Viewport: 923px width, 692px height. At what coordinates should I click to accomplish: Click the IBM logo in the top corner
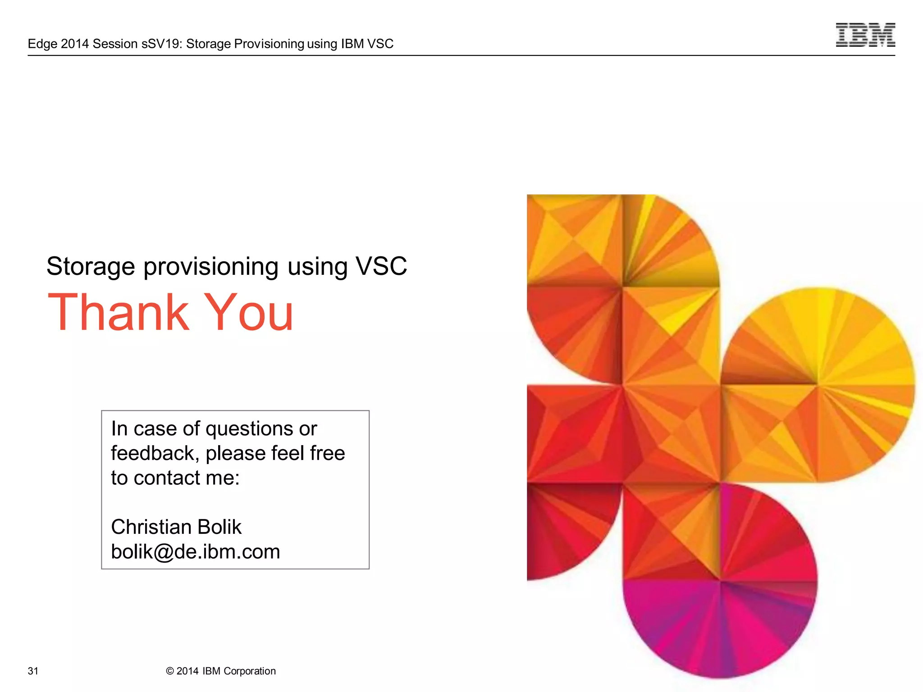click(x=865, y=35)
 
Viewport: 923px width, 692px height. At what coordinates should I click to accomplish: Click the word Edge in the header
click(x=42, y=44)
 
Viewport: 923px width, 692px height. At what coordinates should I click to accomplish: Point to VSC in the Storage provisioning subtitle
click(x=381, y=266)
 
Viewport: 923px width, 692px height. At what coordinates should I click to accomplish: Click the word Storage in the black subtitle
click(x=91, y=267)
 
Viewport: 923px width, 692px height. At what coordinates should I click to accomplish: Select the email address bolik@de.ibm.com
click(x=196, y=551)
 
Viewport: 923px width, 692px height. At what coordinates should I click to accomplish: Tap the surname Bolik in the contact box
click(x=219, y=527)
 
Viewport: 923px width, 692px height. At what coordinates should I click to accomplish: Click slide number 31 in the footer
click(x=33, y=671)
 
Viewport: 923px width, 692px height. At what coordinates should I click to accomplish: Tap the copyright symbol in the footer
click(x=170, y=671)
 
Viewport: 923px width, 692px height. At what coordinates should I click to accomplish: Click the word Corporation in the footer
click(x=250, y=671)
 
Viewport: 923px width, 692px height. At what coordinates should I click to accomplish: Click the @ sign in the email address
click(x=163, y=552)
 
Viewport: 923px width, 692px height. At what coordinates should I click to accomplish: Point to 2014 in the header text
click(x=74, y=44)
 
